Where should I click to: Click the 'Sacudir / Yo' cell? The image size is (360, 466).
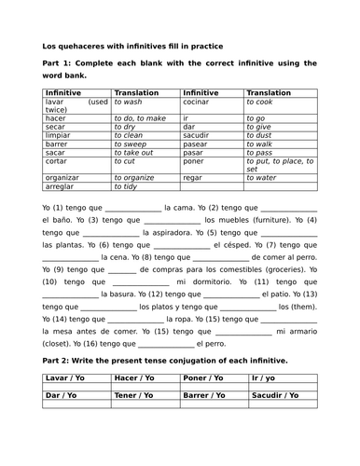coord(276,396)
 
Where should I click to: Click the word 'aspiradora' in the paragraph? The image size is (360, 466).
coord(170,233)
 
